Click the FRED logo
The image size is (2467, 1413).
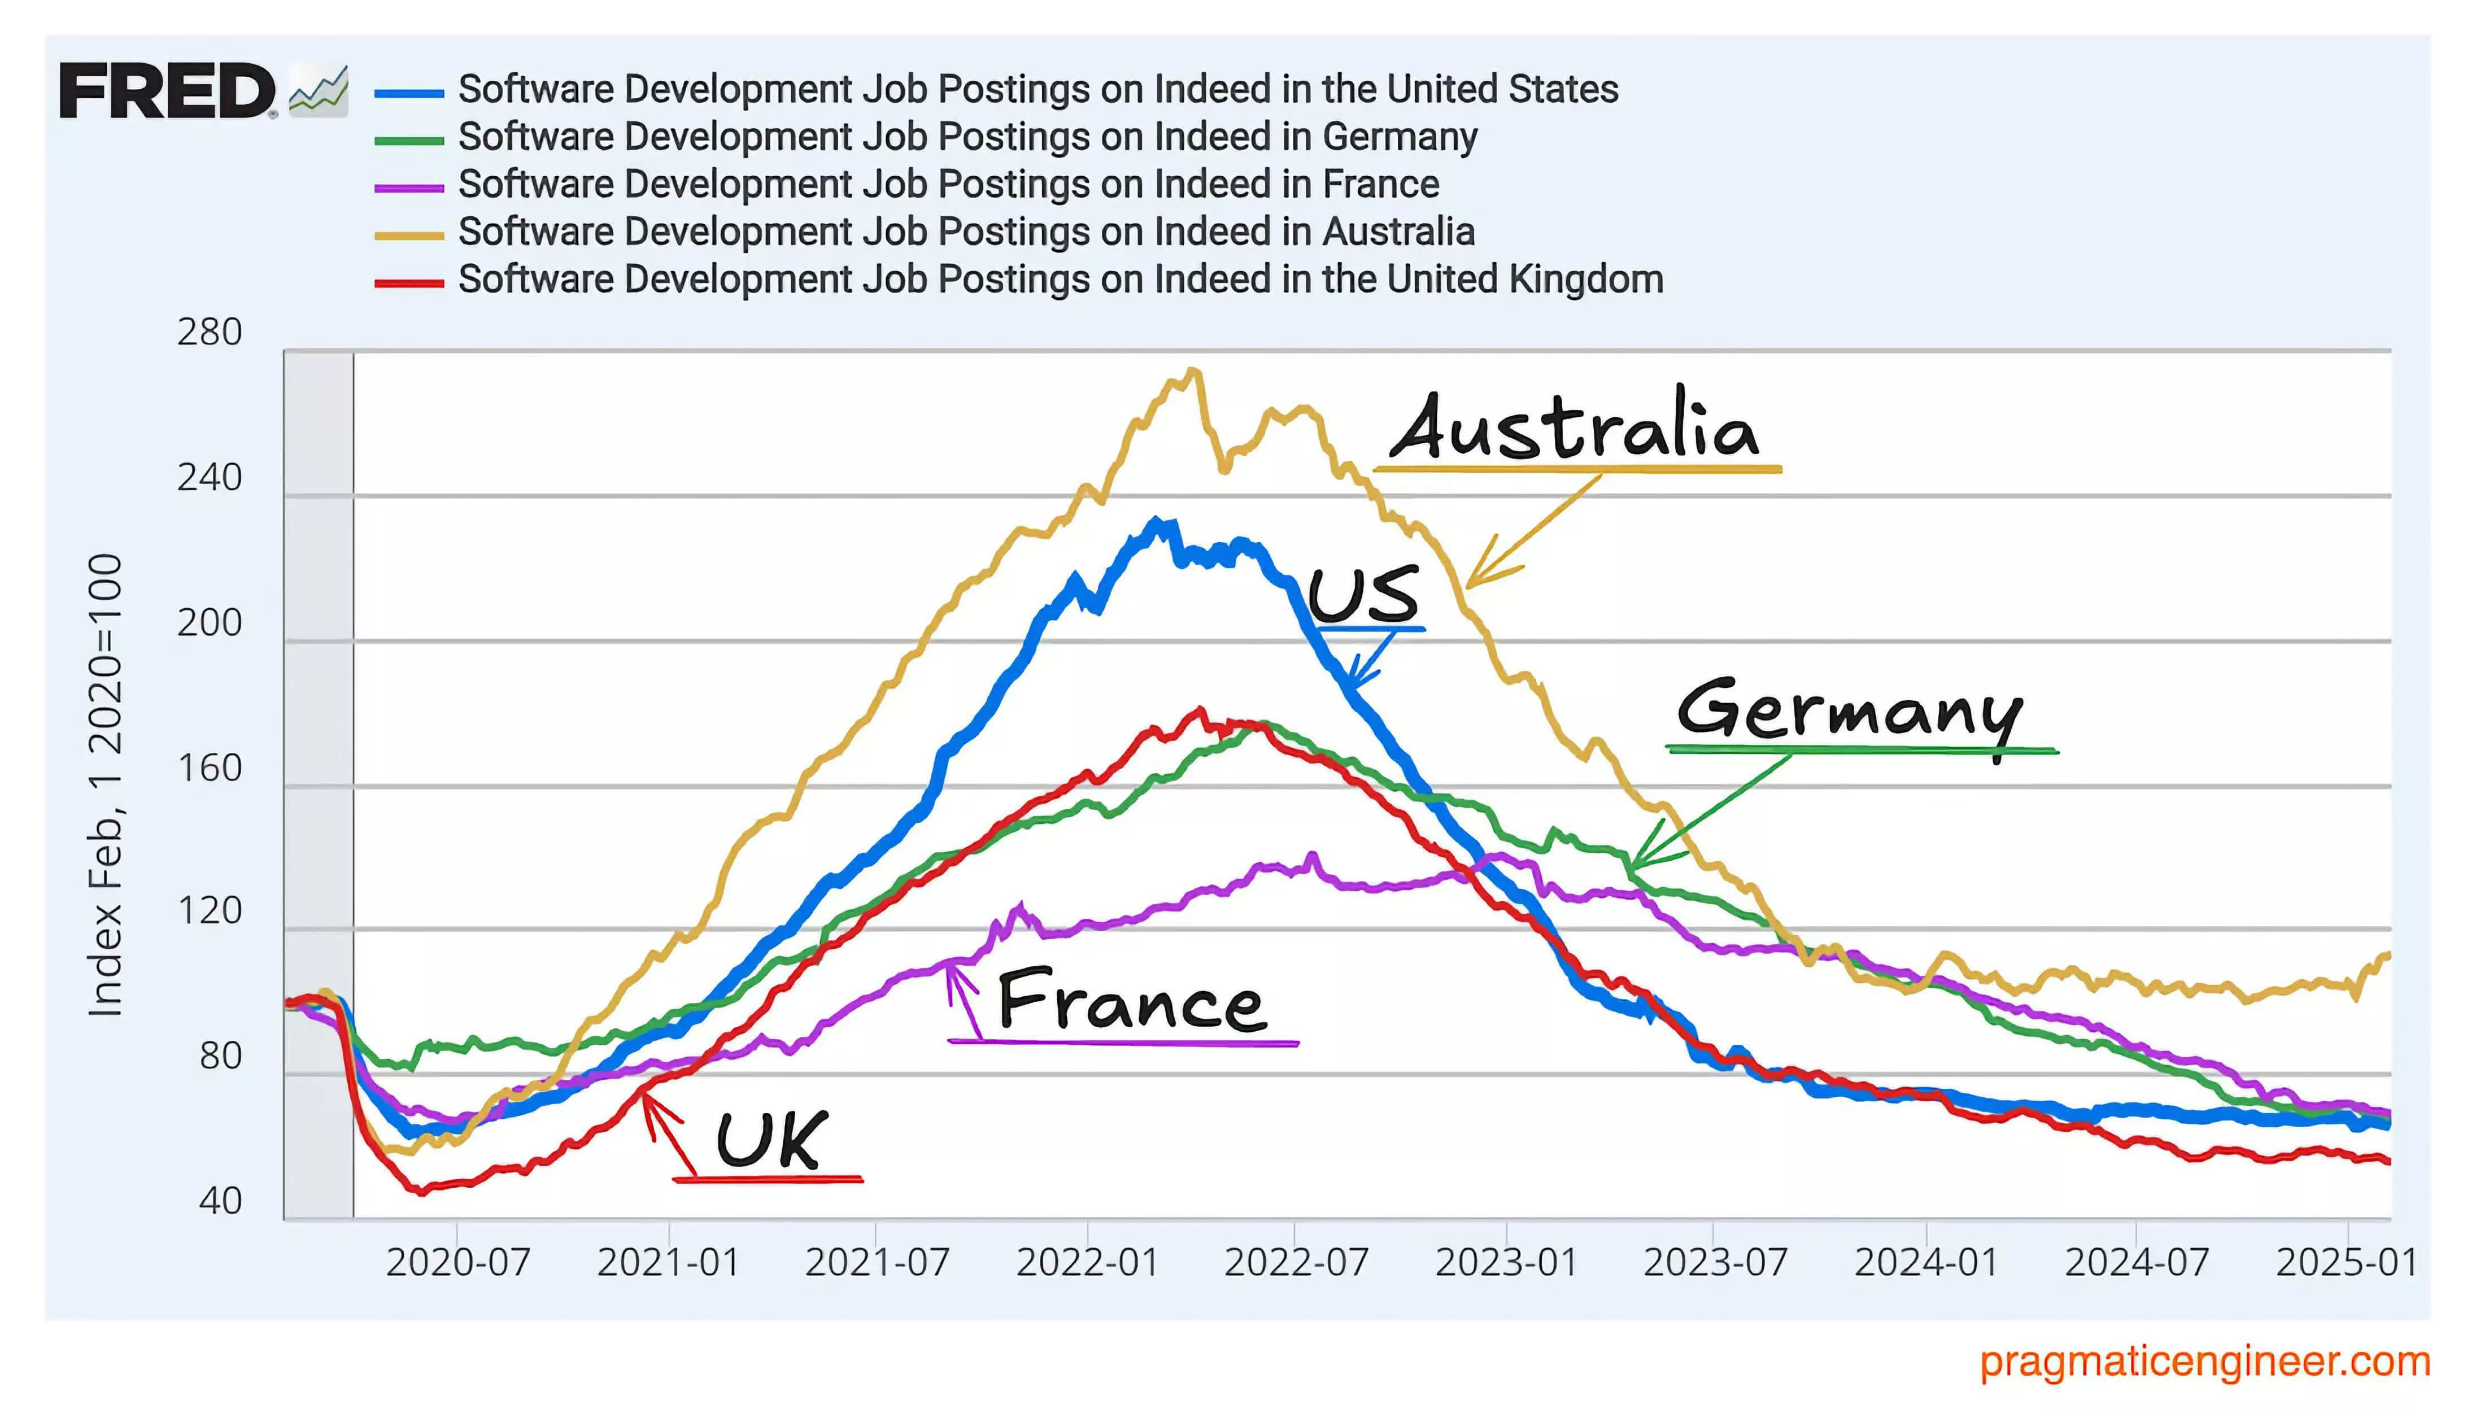click(167, 91)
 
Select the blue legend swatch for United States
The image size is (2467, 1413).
click(408, 93)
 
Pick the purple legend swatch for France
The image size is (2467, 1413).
click(408, 187)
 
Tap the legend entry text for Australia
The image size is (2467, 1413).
click(966, 232)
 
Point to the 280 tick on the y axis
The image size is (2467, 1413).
click(210, 333)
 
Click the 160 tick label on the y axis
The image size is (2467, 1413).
click(210, 767)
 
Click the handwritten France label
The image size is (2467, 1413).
click(1131, 1001)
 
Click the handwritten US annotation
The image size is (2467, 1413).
click(1363, 594)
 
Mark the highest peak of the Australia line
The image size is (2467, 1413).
click(1195, 370)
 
